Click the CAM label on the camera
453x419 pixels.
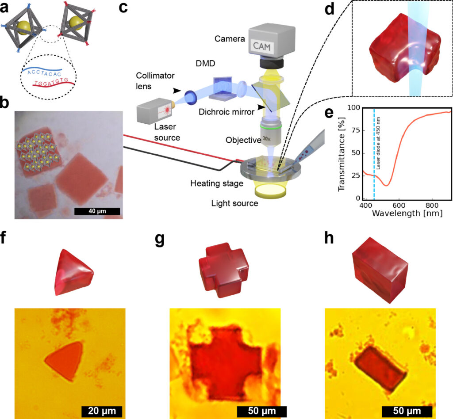tap(262, 46)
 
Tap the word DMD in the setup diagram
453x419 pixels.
tap(205, 64)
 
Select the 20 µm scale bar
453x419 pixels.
tap(102, 411)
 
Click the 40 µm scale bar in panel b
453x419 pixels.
tap(97, 211)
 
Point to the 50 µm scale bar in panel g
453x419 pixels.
tap(262, 411)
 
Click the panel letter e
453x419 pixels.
tap(329, 113)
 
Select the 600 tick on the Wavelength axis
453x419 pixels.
tap(399, 205)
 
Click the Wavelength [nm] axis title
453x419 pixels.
tap(407, 213)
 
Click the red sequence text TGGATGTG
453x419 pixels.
tap(51, 82)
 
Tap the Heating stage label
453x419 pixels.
tap(217, 183)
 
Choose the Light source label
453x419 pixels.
tap(234, 203)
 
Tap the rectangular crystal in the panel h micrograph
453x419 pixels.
tap(380, 368)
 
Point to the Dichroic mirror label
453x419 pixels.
tap(226, 112)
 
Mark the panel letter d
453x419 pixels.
tap(329, 10)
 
